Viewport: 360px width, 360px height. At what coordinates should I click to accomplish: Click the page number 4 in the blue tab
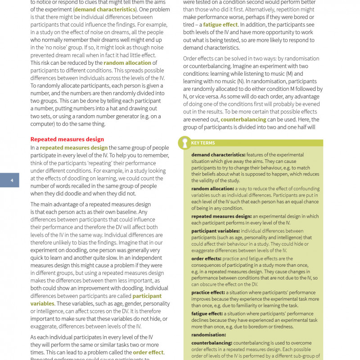[12, 180]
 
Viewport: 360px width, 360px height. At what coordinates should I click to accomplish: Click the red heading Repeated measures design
[67, 139]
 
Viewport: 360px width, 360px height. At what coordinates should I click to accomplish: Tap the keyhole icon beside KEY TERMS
[184, 143]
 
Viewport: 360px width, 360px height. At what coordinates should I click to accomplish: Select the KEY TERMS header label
[203, 143]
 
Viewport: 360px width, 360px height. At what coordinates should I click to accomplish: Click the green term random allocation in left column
[127, 63]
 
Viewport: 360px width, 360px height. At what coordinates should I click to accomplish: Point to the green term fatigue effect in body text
[220, 25]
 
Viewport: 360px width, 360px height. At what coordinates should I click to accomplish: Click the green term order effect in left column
[148, 352]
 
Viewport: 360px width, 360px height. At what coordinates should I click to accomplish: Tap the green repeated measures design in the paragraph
[74, 148]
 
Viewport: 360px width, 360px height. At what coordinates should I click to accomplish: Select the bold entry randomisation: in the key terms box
[208, 335]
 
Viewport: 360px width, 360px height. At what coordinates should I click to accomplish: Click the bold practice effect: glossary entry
[208, 292]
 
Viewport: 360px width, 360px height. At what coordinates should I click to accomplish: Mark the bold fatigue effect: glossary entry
[207, 313]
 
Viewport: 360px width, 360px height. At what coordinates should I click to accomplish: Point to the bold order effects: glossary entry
[206, 258]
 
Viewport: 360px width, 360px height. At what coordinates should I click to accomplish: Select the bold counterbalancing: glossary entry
[211, 343]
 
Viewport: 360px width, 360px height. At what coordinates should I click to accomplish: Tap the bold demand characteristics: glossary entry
[218, 155]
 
